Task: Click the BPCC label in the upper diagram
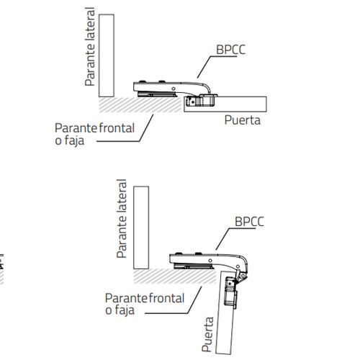click(x=230, y=50)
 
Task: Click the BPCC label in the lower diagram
click(x=249, y=222)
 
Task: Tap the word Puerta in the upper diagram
click(x=243, y=120)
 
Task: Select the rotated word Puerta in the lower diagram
click(x=207, y=334)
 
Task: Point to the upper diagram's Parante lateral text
click(x=90, y=47)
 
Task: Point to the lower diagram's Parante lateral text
click(x=122, y=219)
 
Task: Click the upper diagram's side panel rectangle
click(x=107, y=55)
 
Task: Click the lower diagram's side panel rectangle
click(x=141, y=228)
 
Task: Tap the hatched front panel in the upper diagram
click(x=140, y=104)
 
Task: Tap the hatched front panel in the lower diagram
click(x=175, y=276)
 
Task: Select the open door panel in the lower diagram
click(x=226, y=312)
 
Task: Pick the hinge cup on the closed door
click(x=201, y=101)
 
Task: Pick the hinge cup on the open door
click(x=231, y=292)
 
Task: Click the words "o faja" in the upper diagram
click(x=70, y=140)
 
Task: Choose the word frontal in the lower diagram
click(x=166, y=298)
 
